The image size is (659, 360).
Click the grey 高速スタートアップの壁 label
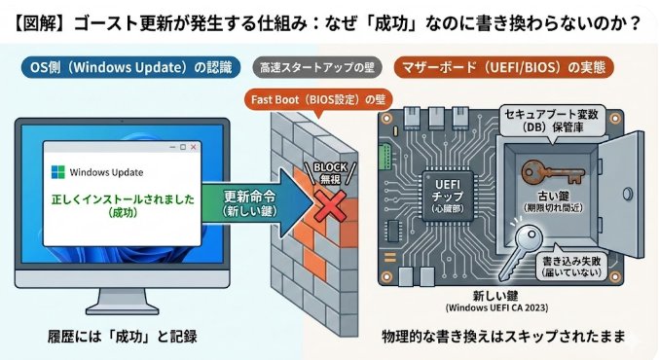click(x=314, y=68)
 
